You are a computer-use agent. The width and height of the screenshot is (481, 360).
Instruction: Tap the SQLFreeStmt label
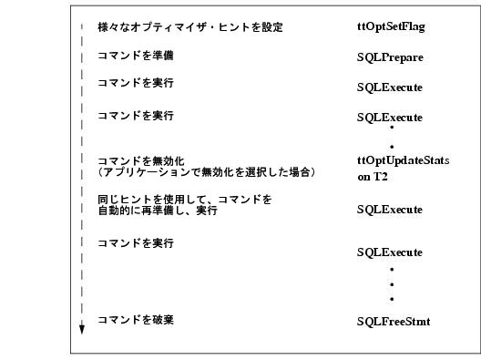point(394,322)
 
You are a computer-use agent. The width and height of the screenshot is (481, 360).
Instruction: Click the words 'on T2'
point(373,177)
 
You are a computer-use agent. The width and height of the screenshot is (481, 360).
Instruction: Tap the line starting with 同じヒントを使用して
point(185,199)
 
